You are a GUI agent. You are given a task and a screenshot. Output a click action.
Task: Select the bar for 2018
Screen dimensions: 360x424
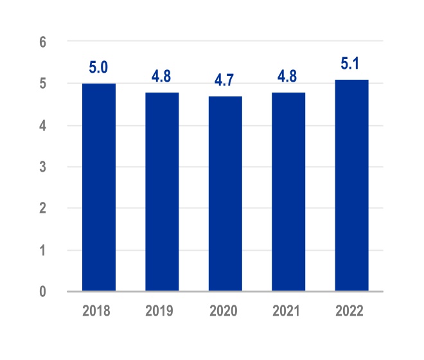coord(99,187)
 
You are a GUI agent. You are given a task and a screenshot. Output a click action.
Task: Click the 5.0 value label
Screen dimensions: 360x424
coord(99,68)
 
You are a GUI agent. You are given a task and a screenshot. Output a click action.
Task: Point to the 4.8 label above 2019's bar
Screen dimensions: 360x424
coord(162,77)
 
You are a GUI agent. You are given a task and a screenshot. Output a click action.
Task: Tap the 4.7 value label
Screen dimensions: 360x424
coord(225,81)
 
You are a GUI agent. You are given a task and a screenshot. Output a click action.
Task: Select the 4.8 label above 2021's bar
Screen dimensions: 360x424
coord(288,77)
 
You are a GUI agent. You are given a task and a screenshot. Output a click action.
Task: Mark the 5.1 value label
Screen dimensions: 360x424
coord(351,64)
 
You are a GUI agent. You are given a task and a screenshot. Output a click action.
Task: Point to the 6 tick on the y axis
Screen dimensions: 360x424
coord(43,42)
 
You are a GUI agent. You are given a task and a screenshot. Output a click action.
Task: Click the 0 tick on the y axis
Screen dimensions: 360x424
coord(43,292)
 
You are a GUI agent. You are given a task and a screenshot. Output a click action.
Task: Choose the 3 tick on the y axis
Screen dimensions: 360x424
coord(43,167)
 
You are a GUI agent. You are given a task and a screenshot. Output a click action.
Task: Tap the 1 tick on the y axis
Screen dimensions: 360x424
coord(43,251)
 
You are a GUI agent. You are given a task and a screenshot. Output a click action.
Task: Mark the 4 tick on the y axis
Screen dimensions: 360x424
coord(43,125)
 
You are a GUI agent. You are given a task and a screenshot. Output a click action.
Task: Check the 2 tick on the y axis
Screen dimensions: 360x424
coord(43,209)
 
